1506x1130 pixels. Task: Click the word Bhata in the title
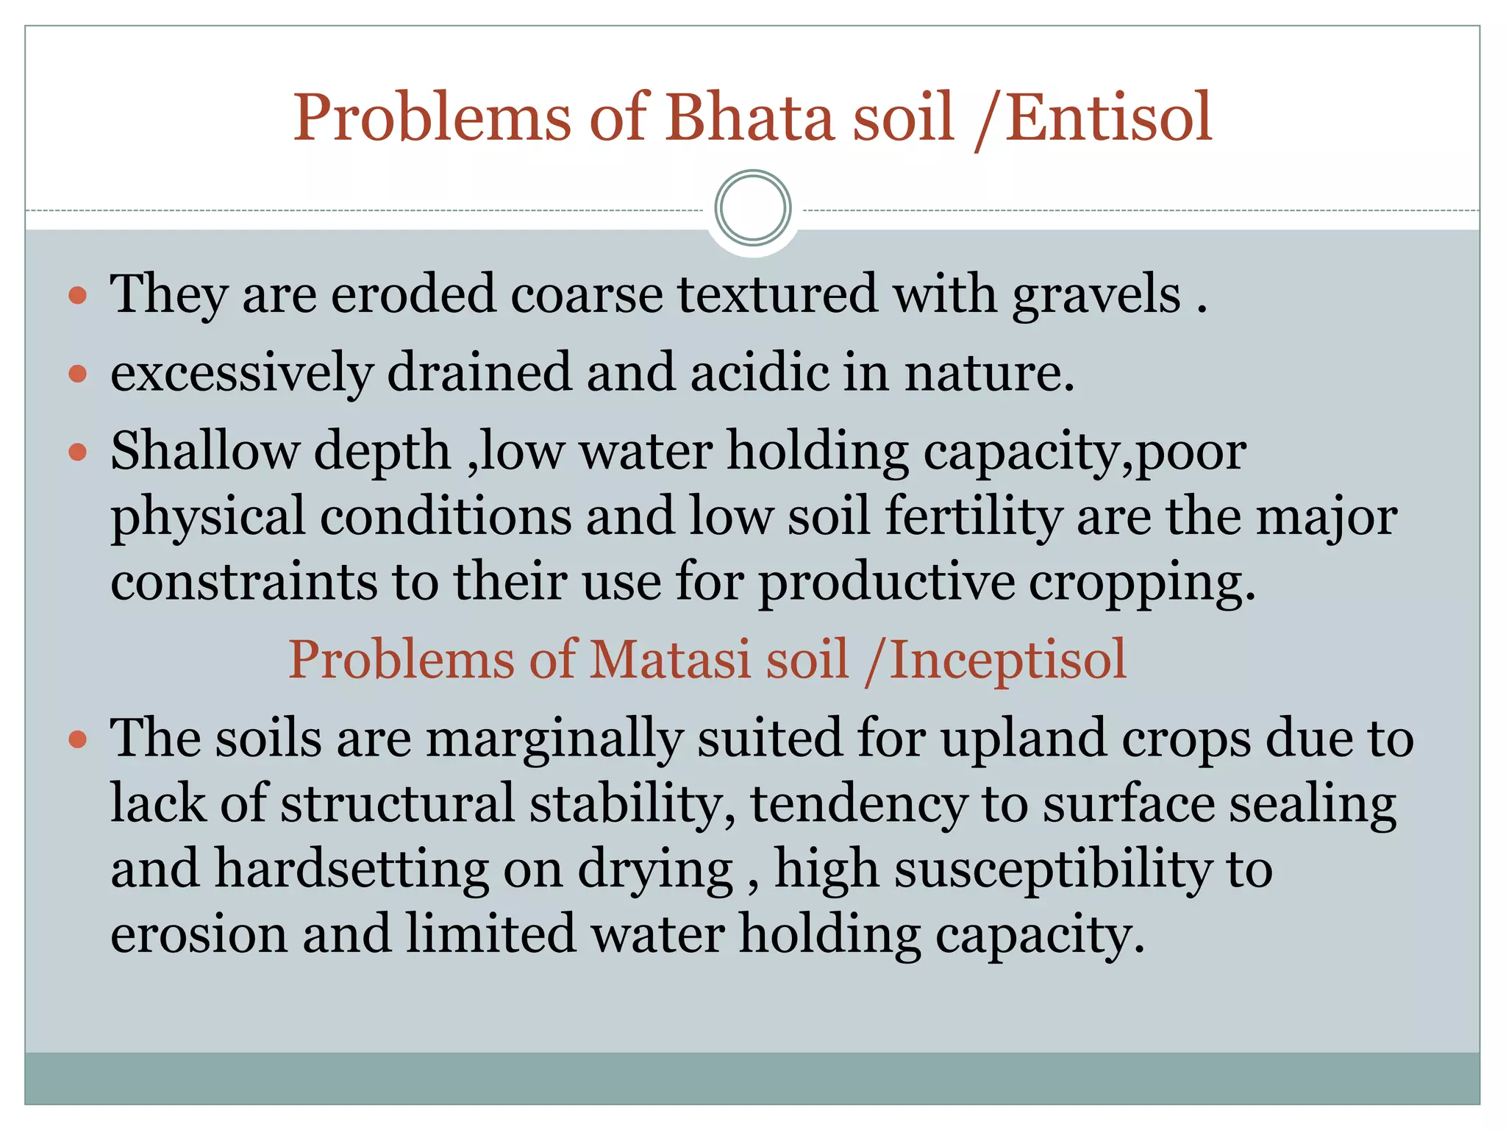pos(749,117)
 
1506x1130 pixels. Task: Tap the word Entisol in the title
pos(1109,117)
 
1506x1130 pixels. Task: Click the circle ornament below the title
pos(752,208)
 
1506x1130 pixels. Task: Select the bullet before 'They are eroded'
pos(78,296)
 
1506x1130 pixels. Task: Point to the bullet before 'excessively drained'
pos(78,374)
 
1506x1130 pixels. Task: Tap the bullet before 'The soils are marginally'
pos(78,739)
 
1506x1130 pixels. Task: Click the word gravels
pos(1096,294)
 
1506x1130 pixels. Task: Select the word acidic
pos(759,372)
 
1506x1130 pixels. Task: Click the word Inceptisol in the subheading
pos(1007,660)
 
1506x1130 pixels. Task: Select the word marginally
pos(555,739)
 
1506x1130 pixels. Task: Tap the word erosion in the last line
pos(199,934)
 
